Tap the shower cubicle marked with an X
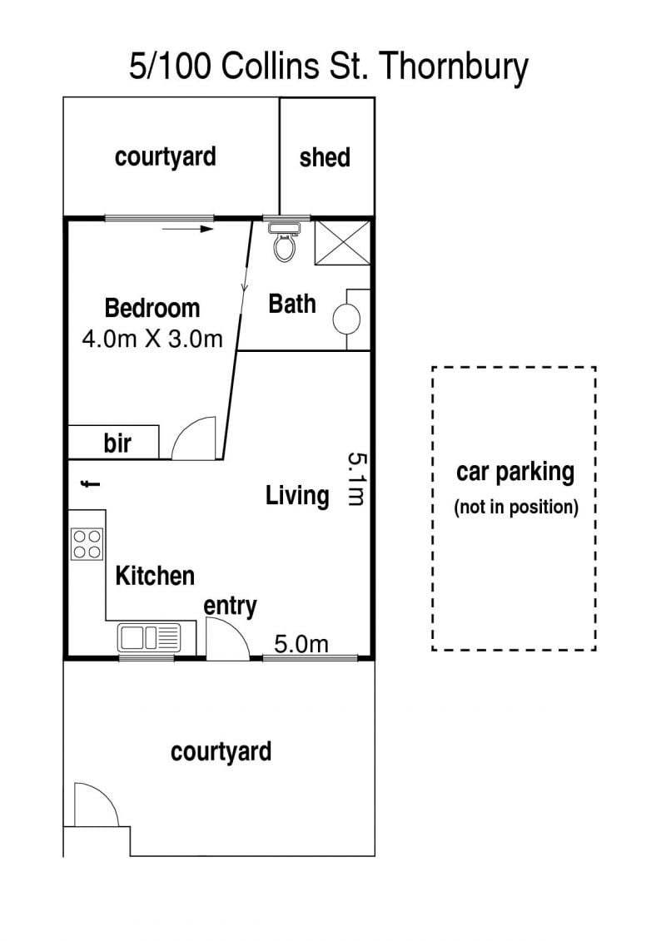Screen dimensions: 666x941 pyautogui.click(x=342, y=242)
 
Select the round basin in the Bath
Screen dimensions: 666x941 pyautogui.click(x=346, y=319)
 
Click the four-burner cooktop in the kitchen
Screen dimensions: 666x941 pyautogui.click(x=87, y=543)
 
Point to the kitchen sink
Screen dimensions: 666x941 pyautogui.click(x=148, y=637)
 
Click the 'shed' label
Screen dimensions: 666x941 pyautogui.click(x=325, y=157)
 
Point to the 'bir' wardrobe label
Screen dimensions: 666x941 pyautogui.click(x=117, y=443)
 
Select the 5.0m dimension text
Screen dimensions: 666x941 pyautogui.click(x=301, y=644)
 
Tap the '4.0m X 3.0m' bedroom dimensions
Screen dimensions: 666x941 pyautogui.click(x=152, y=339)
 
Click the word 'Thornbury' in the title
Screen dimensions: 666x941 pyautogui.click(x=455, y=67)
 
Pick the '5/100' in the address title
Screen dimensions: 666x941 pyautogui.click(x=170, y=66)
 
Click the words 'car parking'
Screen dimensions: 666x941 pyautogui.click(x=515, y=473)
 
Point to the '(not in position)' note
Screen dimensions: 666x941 pyautogui.click(x=516, y=507)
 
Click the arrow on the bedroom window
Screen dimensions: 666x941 pyautogui.click(x=188, y=229)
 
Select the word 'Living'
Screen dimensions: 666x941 pyautogui.click(x=297, y=497)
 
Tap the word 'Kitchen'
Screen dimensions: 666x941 pyautogui.click(x=155, y=576)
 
